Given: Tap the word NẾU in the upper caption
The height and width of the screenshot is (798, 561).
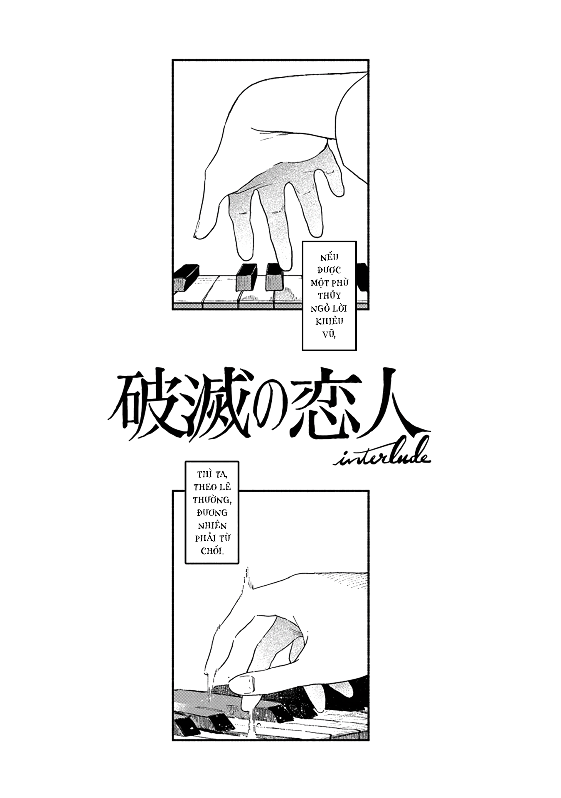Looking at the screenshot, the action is click(329, 258).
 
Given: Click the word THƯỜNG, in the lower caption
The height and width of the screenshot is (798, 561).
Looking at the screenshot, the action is click(212, 500).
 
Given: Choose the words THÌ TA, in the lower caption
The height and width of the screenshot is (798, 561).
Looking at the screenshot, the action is click(212, 474).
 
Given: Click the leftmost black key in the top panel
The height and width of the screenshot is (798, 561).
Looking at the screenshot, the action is click(185, 278).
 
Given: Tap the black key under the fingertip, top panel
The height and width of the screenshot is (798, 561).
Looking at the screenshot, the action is click(274, 276).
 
